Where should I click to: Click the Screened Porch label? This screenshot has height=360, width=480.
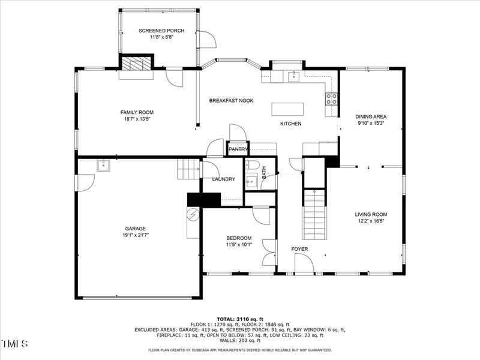coord(161,31)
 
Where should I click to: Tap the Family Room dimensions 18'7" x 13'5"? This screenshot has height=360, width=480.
coord(137,119)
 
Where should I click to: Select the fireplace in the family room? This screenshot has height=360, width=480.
coord(137,65)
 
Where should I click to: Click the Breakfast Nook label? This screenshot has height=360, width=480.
coord(231,101)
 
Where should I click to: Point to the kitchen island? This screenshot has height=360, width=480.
coord(287,109)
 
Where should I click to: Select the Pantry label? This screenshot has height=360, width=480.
coord(238,149)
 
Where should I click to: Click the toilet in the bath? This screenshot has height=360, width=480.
coord(252,165)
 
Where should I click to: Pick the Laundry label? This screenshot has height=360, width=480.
coord(223,179)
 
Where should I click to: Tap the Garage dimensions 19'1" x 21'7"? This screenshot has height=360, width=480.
coord(135,235)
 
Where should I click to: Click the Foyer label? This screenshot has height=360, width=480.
coord(299,248)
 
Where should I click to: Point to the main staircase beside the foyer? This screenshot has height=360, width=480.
coord(314,214)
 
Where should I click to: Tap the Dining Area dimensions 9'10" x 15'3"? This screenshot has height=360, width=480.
coord(370,124)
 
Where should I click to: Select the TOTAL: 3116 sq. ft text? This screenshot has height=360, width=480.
coord(240,319)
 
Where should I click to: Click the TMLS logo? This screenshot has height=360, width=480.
coord(15,344)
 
